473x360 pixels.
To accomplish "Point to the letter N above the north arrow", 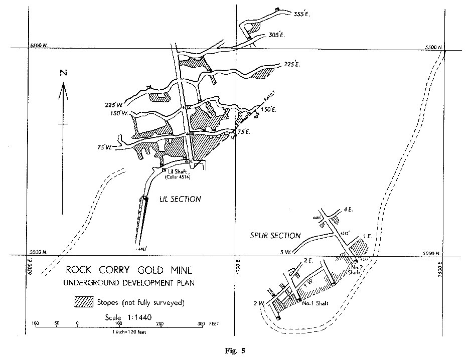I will coord(63,73).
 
